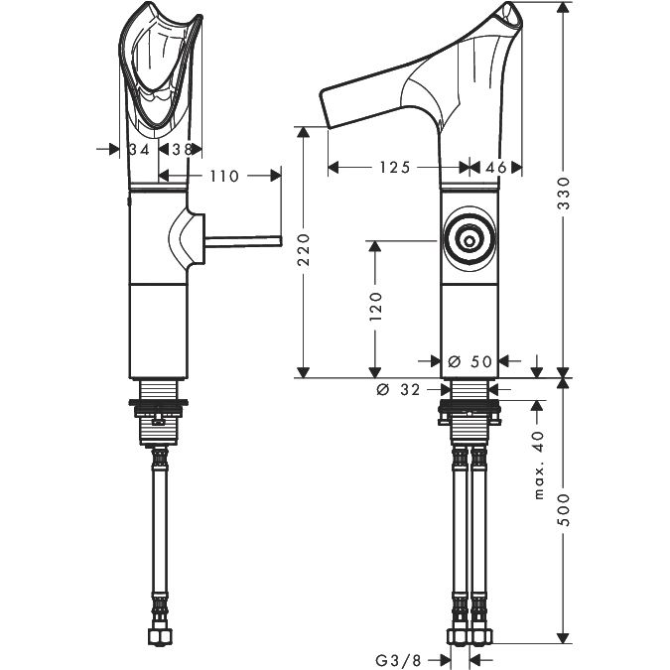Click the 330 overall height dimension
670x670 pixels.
(x=565, y=193)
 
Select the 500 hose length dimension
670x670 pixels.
(x=565, y=509)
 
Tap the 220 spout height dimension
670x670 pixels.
(x=304, y=249)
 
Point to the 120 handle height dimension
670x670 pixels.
(x=375, y=307)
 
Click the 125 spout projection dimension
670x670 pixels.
(x=395, y=167)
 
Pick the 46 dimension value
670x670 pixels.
(x=496, y=167)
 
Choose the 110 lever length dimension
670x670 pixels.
(x=224, y=176)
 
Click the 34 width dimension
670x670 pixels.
(x=139, y=150)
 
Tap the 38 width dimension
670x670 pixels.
(x=182, y=150)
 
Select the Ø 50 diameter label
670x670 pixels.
(x=470, y=362)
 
